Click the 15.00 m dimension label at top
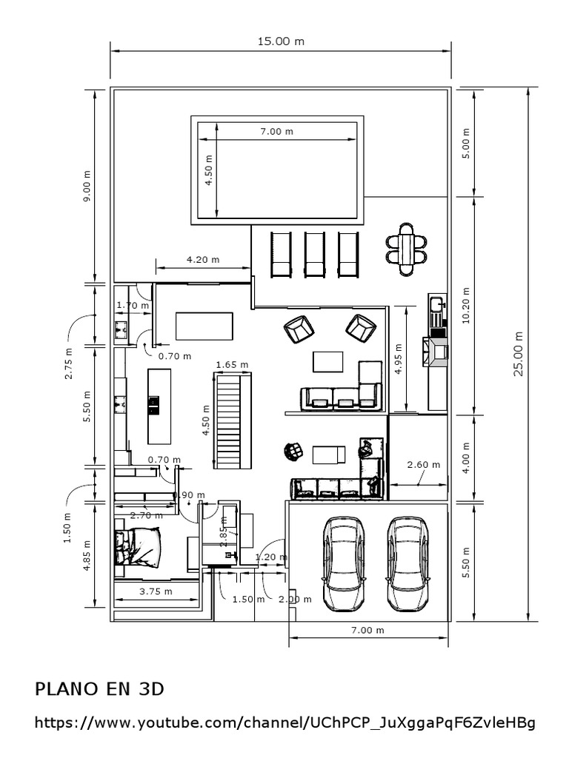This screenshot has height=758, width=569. [x=281, y=41]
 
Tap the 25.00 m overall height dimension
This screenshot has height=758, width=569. [x=519, y=354]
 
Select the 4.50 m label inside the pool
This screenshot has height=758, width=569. [x=208, y=170]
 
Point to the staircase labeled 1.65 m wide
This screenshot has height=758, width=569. [x=233, y=420]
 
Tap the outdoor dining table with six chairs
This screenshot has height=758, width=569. [x=406, y=249]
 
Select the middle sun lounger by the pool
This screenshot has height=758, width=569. [x=314, y=255]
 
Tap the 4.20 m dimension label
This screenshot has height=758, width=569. [x=202, y=260]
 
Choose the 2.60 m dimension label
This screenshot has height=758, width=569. [x=424, y=465]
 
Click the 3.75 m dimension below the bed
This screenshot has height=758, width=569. [x=156, y=591]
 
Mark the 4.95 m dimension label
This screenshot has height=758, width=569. [x=399, y=359]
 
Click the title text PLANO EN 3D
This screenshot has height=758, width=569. [x=99, y=689]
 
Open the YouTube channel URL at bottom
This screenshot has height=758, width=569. [x=284, y=722]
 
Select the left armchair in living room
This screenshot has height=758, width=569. [x=299, y=329]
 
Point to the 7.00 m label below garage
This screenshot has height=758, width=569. [x=368, y=630]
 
